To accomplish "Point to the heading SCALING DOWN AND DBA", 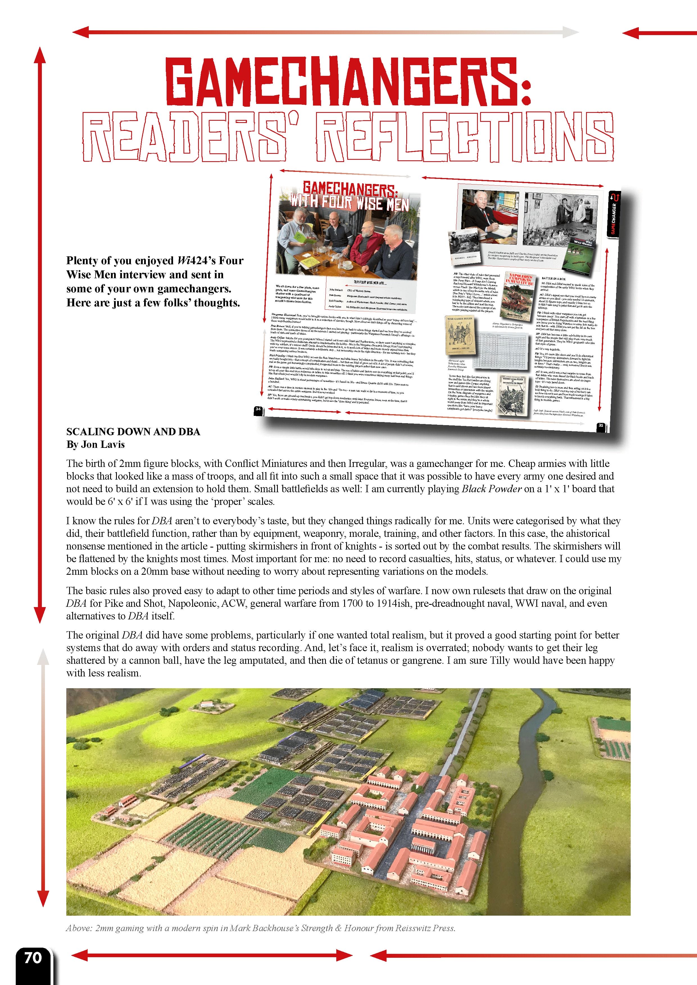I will tap(133, 432).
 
